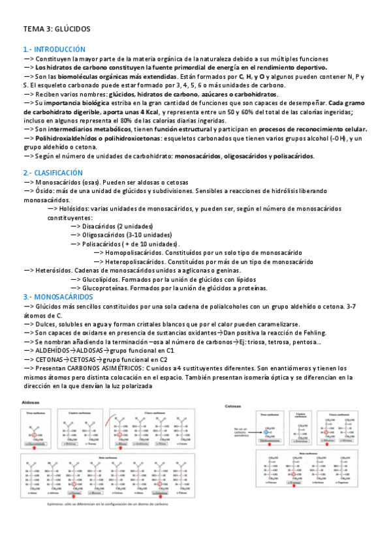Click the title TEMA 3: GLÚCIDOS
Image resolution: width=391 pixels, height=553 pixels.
pos(57,29)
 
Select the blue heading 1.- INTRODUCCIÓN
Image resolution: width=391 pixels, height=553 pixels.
pos(54,49)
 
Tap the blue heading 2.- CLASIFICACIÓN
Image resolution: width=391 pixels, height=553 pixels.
pos(53,172)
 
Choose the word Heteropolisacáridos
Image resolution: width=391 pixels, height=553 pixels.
pos(140,261)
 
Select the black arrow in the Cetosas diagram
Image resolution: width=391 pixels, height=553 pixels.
pos(247,432)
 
